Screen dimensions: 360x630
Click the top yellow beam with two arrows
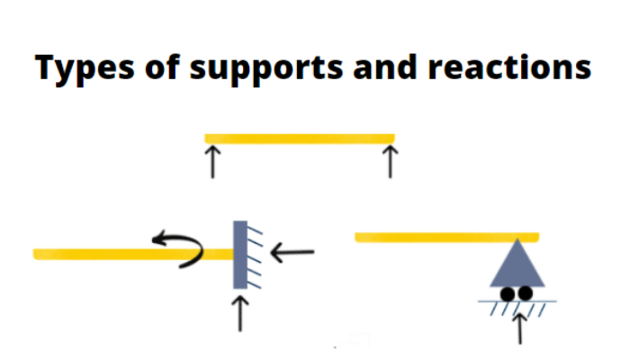[x=300, y=138]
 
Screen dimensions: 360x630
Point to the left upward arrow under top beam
[x=212, y=162]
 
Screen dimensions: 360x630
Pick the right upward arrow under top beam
[x=390, y=162]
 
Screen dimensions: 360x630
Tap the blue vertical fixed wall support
[x=240, y=254]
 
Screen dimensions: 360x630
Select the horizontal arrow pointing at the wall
[x=292, y=252]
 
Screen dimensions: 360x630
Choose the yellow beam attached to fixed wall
[x=108, y=254]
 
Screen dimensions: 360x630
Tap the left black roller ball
[x=508, y=293]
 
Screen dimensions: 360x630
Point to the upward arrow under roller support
[x=518, y=326]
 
